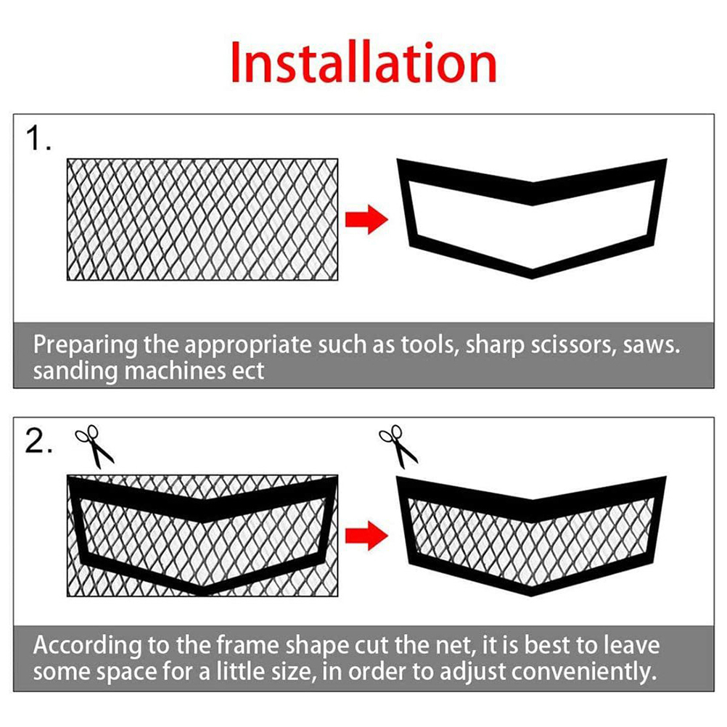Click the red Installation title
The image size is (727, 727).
[x=363, y=62]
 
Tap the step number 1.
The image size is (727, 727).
[x=38, y=138]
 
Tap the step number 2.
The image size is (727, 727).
[x=38, y=441]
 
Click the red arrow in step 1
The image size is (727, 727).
[x=366, y=219]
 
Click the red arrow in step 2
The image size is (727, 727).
[x=366, y=535]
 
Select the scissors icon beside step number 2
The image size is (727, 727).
[x=94, y=446]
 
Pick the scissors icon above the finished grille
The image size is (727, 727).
[x=398, y=446]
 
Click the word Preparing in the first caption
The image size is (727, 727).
[x=86, y=346]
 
